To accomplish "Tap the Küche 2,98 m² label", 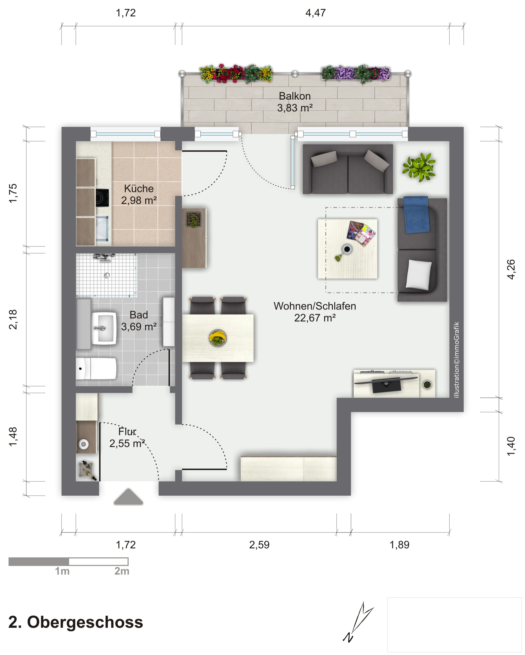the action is (x=139, y=194).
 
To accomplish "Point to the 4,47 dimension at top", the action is (x=316, y=13).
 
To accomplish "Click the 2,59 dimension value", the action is (x=259, y=545).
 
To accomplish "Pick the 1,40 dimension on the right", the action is (x=511, y=446).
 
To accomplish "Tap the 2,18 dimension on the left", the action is (x=13, y=319).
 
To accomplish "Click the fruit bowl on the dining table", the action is (x=218, y=337).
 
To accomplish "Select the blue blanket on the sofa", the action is (x=416, y=214).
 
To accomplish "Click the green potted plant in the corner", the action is (x=419, y=167).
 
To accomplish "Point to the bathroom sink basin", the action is (x=104, y=328).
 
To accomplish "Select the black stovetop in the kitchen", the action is (x=102, y=198).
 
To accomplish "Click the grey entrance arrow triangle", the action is (x=129, y=496).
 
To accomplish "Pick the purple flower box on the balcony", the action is (x=356, y=74).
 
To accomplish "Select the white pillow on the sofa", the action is (x=419, y=274).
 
